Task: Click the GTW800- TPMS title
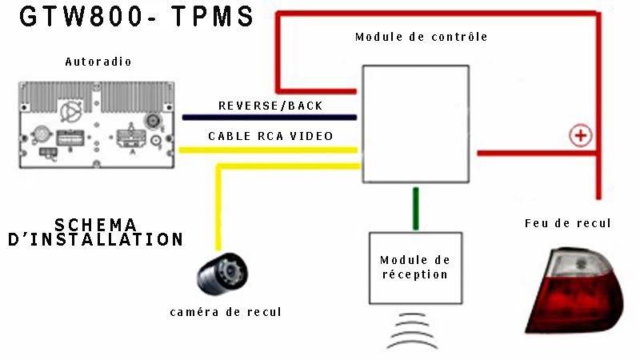(137, 18)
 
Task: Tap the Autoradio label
(98, 62)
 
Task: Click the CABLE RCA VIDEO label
(271, 136)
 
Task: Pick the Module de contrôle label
(421, 37)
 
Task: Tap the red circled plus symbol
(580, 135)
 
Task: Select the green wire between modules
(415, 208)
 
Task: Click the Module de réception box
(415, 267)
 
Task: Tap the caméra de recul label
(226, 312)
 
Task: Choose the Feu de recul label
(568, 223)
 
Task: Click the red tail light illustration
(577, 288)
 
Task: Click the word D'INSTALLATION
(96, 238)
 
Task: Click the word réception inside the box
(415, 274)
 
